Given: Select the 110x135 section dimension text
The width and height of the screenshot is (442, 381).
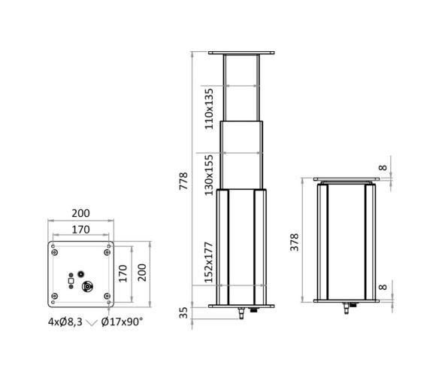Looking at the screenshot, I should coord(210,108).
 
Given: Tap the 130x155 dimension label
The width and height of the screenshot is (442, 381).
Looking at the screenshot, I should coord(210,174).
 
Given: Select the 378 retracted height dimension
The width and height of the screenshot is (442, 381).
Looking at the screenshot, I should coord(295,241).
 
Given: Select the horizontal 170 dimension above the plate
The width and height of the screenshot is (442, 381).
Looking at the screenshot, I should coord(80,230).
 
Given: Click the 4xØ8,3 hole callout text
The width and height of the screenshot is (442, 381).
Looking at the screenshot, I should coord(64,322).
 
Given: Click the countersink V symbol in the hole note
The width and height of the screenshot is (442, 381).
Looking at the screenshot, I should coord(92,322).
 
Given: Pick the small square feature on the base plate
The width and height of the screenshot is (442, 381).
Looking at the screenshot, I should coord(70,287).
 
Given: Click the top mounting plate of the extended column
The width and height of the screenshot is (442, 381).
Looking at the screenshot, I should coord(241,53).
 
